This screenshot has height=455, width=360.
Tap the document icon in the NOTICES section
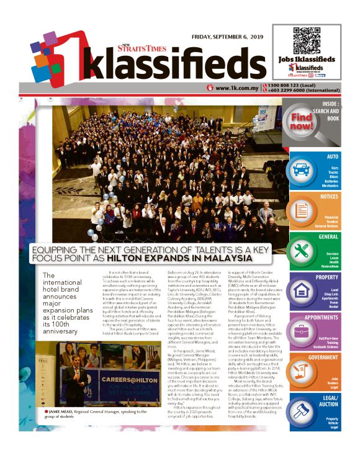coord(303,211)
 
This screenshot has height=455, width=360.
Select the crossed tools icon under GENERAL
coord(302,251)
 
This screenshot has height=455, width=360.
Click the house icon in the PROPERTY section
coord(302,291)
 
